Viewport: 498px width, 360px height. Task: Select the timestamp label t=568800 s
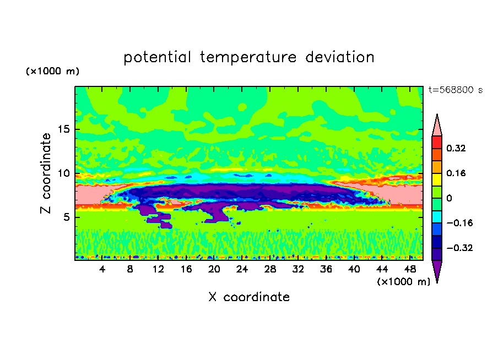click(x=455, y=90)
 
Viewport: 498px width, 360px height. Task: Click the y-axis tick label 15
click(x=65, y=130)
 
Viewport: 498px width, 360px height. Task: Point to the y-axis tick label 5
click(x=68, y=217)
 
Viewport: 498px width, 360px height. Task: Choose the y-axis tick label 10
click(x=65, y=173)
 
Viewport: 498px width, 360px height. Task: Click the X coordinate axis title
click(x=249, y=297)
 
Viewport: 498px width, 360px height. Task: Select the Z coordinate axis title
click(x=46, y=173)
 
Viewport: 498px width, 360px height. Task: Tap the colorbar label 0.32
click(x=456, y=148)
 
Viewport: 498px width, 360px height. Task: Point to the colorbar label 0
click(x=449, y=198)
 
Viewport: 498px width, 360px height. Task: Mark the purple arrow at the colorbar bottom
click(x=437, y=271)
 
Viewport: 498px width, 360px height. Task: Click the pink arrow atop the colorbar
click(x=437, y=125)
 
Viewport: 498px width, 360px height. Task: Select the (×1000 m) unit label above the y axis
click(x=52, y=72)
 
